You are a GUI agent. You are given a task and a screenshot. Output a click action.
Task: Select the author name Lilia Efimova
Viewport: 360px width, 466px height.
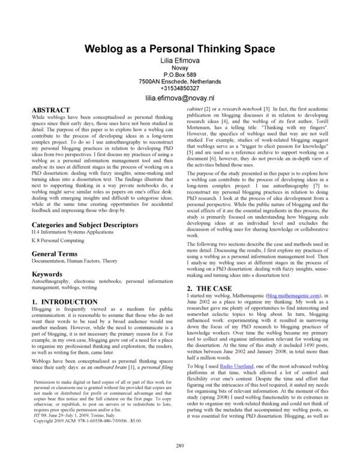pos(179,62)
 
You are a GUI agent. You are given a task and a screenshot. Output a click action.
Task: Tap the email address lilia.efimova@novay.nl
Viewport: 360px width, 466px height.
pos(179,98)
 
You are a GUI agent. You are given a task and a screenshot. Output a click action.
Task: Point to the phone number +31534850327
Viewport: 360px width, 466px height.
pos(179,88)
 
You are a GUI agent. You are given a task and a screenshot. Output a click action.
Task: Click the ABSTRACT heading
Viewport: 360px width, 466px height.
pos(52,110)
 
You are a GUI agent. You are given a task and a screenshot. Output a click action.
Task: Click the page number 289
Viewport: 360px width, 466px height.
pos(179,445)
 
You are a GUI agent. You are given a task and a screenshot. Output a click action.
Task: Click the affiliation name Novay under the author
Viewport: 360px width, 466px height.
pos(179,70)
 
